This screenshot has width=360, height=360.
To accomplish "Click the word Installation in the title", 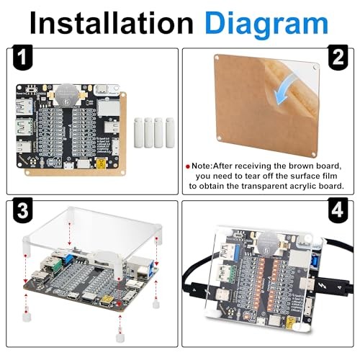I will [111, 23].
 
